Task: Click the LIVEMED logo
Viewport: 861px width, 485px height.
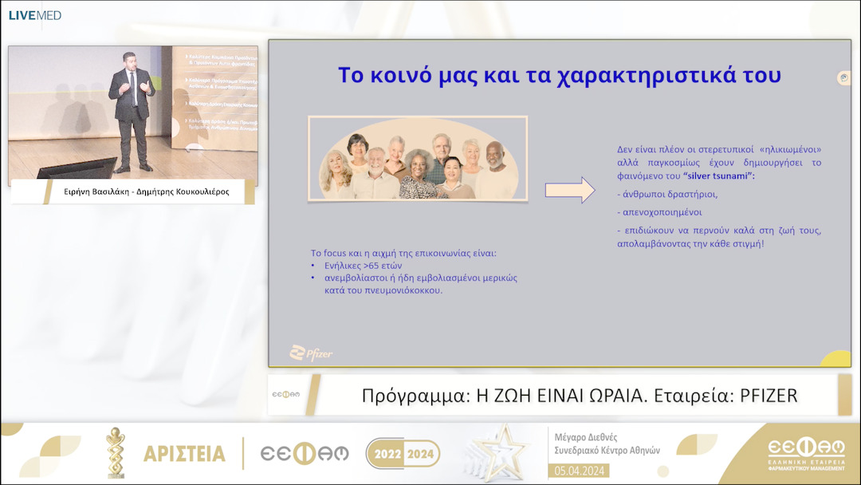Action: tap(34, 15)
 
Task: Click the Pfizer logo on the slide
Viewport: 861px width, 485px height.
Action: tap(311, 353)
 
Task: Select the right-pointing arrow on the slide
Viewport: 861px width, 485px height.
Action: tap(569, 190)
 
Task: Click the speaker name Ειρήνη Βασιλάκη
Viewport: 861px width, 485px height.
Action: tap(98, 191)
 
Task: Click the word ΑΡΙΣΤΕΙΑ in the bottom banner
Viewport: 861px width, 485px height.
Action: tap(184, 453)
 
